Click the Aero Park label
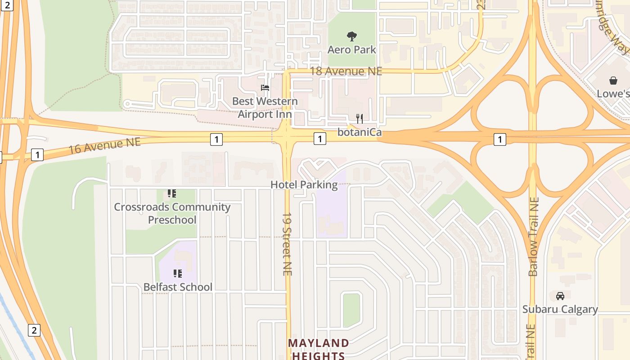351,49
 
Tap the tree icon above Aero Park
352,36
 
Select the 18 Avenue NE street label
346,71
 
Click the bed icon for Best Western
265,87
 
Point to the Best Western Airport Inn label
265,108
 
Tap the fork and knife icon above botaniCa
360,119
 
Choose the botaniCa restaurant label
360,132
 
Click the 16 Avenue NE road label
104,146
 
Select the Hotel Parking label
304,184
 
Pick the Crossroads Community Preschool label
172,213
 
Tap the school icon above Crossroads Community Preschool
171,193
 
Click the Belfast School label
178,287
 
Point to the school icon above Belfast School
178,273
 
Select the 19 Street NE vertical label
287,244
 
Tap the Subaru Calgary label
560,309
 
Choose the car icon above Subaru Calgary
560,296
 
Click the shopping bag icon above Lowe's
613,81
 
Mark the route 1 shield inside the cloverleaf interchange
499,140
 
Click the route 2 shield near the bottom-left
34,330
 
